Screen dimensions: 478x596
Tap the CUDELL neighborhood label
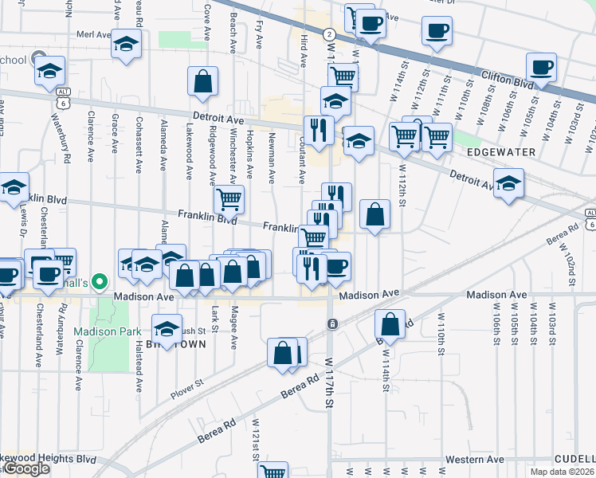pos(575,459)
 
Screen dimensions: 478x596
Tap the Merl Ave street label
pos(93,35)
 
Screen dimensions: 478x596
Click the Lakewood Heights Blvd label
pos(48,460)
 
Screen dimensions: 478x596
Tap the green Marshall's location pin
pos(99,281)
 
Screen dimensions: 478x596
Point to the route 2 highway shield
pos(329,34)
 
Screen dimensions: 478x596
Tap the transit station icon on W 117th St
pos(331,323)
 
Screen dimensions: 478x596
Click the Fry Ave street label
pos(260,33)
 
